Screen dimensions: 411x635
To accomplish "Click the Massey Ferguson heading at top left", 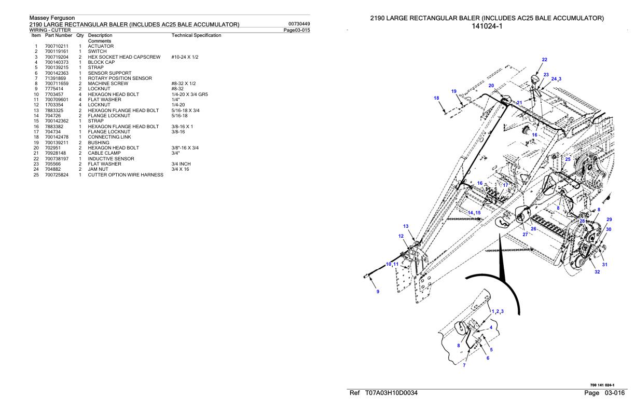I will [52, 18].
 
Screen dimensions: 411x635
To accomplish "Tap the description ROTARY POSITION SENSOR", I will [119, 78].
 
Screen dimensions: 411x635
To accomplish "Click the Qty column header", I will [80, 35].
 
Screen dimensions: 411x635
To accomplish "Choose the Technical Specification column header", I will [196, 35].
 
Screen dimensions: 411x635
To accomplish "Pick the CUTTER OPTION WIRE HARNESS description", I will [126, 175].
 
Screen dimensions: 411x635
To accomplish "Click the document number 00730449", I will [298, 24].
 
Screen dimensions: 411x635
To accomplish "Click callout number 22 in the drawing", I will [544, 60].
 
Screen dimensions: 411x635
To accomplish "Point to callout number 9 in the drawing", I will [378, 291].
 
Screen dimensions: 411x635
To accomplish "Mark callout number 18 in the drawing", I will [436, 98].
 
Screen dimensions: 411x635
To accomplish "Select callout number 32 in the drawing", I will [597, 272].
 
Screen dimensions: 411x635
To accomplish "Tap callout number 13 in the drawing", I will [406, 226].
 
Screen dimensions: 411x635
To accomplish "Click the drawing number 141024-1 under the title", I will [487, 26].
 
